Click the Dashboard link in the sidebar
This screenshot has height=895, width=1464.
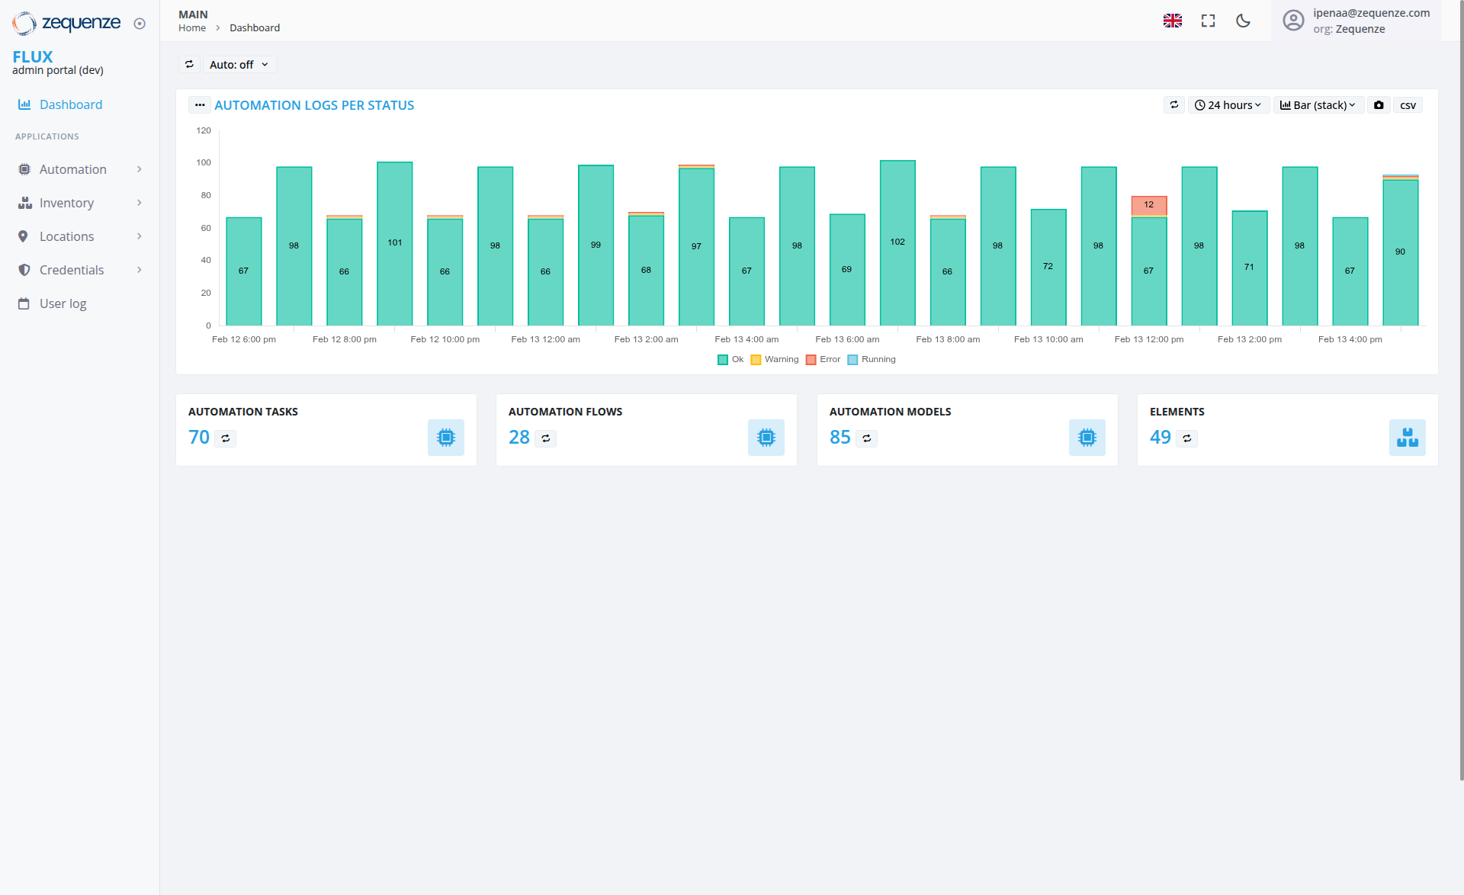70,104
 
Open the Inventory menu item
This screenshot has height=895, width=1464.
66,203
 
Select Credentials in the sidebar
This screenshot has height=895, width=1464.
71,270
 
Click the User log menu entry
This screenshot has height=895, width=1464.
63,303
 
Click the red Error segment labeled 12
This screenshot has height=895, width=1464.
1148,205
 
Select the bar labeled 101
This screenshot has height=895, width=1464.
394,243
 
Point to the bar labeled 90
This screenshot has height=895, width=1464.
1400,252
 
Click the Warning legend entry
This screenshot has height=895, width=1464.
775,360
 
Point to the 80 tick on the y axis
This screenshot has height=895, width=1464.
205,195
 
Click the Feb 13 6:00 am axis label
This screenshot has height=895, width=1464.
846,339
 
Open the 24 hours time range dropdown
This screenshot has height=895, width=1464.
1228,105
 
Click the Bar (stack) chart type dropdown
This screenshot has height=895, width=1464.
1318,105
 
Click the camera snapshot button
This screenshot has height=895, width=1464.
1379,105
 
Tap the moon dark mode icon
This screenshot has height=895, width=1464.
1243,21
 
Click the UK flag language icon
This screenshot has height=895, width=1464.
1172,21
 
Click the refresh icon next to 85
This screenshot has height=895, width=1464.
867,438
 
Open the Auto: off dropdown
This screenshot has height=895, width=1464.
239,65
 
